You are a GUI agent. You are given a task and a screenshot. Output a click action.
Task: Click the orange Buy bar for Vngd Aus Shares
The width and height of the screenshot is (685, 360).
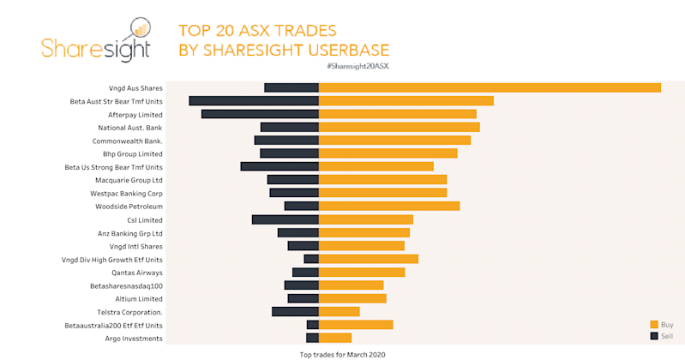pyautogui.click(x=490, y=87)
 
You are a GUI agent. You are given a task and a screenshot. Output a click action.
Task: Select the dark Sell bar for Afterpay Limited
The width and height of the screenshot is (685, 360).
pyautogui.click(x=260, y=114)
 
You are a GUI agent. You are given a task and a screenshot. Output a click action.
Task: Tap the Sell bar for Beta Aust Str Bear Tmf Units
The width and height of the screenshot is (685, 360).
pyautogui.click(x=254, y=101)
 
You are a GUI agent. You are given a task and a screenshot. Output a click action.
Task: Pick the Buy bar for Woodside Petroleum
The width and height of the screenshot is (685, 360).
pyautogui.click(x=389, y=206)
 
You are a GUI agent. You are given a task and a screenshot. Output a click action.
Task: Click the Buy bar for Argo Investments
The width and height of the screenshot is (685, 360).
pyautogui.click(x=335, y=338)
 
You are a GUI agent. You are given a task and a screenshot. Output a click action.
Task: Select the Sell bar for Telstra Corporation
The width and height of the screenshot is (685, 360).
pyautogui.click(x=295, y=311)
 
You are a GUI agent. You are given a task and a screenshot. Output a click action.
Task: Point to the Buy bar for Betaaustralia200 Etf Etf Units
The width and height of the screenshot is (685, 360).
pyautogui.click(x=356, y=325)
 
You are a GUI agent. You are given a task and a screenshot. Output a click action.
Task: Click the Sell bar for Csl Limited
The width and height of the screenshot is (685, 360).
pyautogui.click(x=285, y=219)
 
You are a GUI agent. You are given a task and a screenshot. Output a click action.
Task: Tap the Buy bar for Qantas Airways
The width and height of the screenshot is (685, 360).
pyautogui.click(x=362, y=272)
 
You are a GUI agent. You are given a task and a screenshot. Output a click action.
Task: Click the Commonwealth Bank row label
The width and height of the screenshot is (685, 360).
pyautogui.click(x=127, y=141)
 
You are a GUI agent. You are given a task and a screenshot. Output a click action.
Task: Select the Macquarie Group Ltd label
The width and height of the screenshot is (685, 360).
pyautogui.click(x=129, y=180)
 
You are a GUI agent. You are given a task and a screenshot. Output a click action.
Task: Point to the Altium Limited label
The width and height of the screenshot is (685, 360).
pyautogui.click(x=138, y=298)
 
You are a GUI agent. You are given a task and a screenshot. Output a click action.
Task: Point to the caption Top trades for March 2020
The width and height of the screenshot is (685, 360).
pyautogui.click(x=343, y=353)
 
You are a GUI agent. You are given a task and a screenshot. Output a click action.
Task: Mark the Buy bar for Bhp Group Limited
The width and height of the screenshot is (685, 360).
pyautogui.click(x=388, y=153)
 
